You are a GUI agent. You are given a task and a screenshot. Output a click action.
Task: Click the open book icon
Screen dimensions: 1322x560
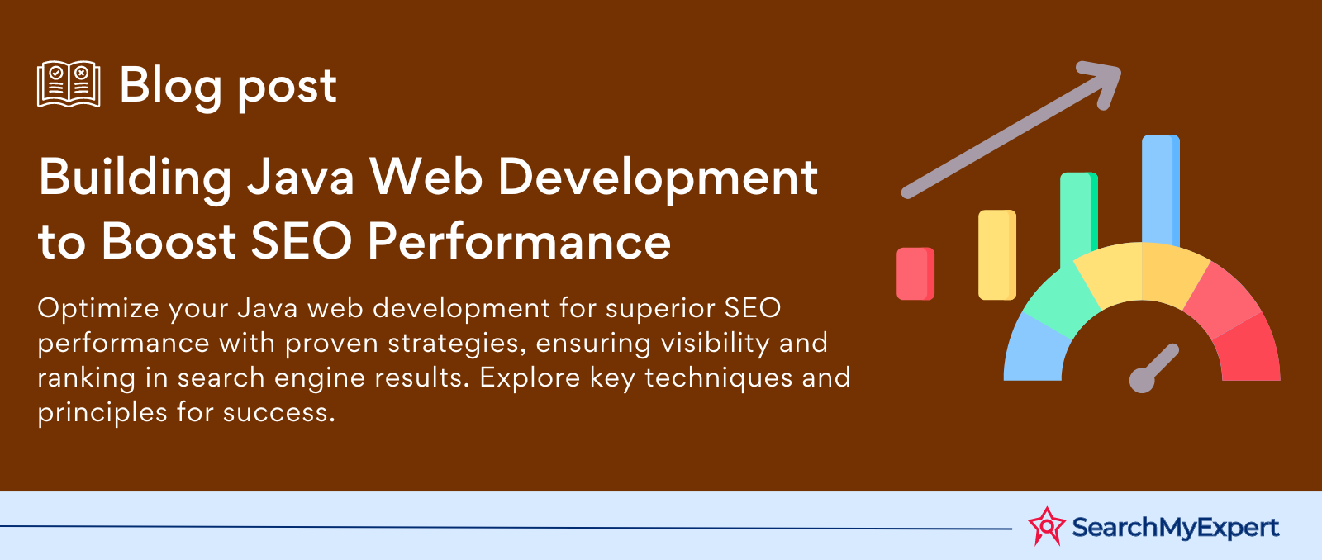pyautogui.click(x=69, y=83)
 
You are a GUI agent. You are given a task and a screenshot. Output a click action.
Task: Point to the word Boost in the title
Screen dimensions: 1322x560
pyautogui.click(x=169, y=241)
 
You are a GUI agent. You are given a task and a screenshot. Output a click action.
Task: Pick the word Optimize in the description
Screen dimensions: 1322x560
pyautogui.click(x=98, y=309)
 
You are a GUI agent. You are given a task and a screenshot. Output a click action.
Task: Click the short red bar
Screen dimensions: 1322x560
pyautogui.click(x=915, y=273)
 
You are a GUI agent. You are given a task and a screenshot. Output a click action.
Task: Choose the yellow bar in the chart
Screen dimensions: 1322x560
pyautogui.click(x=996, y=255)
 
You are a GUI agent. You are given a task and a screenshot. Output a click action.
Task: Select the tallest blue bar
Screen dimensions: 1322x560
pyautogui.click(x=1161, y=190)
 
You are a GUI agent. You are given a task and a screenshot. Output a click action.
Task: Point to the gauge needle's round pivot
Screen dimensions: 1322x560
pyautogui.click(x=1141, y=381)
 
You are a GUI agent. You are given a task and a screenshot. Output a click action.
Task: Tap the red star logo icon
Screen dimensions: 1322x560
pyautogui.click(x=1047, y=526)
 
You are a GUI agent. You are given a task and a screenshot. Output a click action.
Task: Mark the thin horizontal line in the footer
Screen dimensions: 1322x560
pyautogui.click(x=506, y=527)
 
